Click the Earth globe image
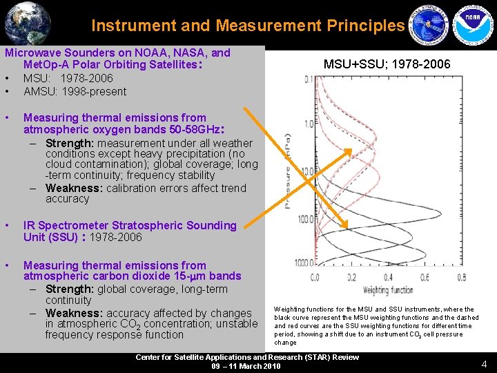(x=27, y=22)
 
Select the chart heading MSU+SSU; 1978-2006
(x=387, y=64)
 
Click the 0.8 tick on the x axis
(x=461, y=278)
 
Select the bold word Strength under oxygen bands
(x=70, y=143)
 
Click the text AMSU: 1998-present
(x=75, y=91)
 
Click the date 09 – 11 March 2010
(x=246, y=366)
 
